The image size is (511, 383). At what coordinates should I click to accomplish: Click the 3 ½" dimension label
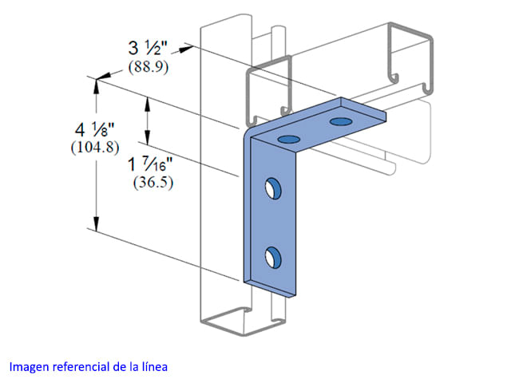[x=147, y=48]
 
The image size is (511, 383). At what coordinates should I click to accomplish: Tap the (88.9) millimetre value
[x=149, y=67]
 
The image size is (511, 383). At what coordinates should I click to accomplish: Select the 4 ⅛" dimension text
[x=95, y=129]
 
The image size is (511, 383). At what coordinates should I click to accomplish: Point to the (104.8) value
[x=95, y=148]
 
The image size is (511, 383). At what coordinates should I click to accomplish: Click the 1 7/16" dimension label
[x=150, y=164]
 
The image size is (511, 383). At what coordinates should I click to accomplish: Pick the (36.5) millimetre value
[x=153, y=183]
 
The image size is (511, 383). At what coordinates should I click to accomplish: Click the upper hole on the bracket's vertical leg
[x=273, y=188]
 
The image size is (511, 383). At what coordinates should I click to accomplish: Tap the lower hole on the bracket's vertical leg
[x=273, y=257]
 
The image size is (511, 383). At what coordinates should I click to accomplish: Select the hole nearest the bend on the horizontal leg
[x=289, y=140]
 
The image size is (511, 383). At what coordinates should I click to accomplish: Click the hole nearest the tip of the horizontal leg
[x=341, y=121]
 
